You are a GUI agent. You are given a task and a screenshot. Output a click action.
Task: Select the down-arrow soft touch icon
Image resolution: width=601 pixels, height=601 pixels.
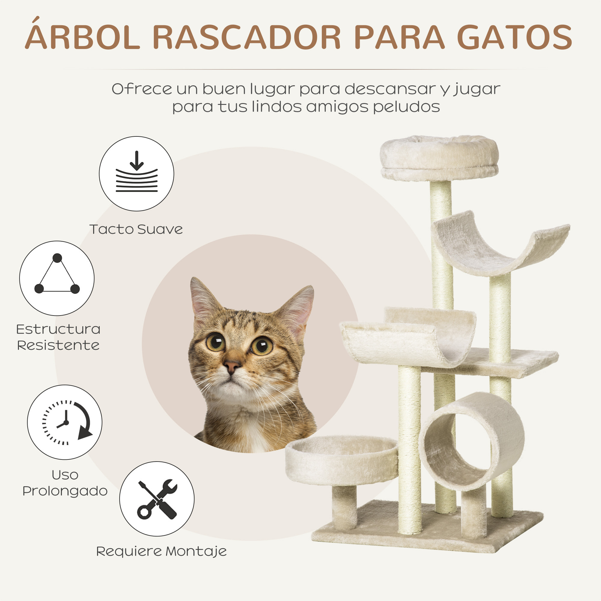(x=136, y=174)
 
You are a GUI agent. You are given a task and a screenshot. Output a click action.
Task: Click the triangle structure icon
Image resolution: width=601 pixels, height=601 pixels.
(x=57, y=278)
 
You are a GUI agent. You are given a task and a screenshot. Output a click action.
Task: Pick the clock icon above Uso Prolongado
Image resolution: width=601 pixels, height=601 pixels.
(x=65, y=422)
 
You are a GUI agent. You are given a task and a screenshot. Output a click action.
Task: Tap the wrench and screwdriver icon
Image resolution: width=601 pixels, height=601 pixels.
(x=157, y=499)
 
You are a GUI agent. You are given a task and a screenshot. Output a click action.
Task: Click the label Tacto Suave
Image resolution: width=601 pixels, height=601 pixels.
(x=136, y=230)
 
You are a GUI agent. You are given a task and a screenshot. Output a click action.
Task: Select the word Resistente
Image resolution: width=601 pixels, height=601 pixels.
(x=58, y=345)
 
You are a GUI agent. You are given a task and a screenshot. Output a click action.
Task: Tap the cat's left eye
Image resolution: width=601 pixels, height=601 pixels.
(x=215, y=342)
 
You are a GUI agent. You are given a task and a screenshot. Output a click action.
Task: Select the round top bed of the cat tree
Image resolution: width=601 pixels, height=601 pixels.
(x=439, y=157)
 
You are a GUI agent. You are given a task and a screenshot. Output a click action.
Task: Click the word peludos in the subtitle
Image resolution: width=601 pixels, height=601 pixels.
(x=406, y=107)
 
